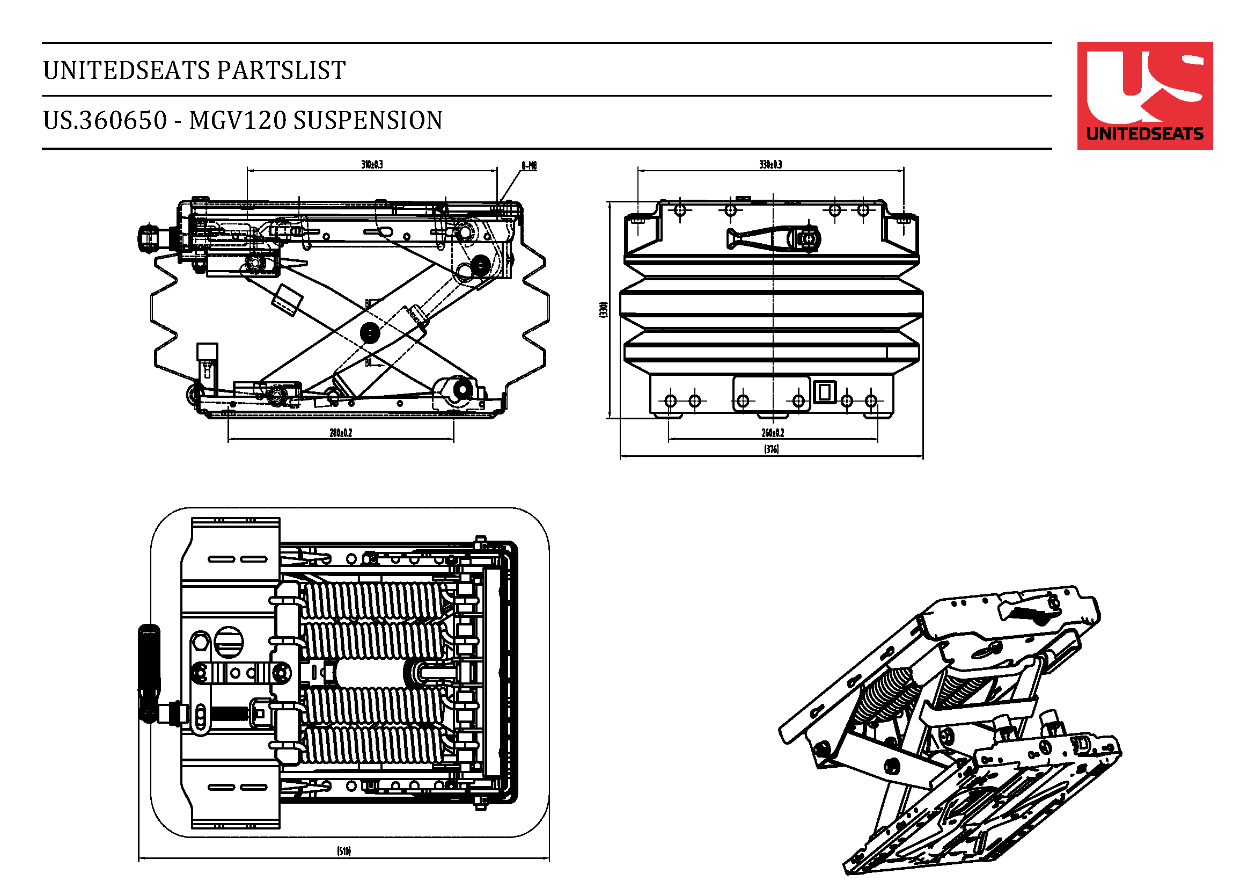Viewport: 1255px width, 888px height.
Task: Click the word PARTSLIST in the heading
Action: pos(282,70)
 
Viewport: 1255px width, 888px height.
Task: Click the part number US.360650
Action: pos(105,120)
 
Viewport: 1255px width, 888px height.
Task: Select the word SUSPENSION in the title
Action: pos(368,120)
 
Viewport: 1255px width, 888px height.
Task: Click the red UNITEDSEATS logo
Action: pos(1144,95)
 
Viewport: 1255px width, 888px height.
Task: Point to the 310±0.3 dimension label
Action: pos(372,164)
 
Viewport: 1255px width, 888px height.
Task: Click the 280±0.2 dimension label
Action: pos(341,433)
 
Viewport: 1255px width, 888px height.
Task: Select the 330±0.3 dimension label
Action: pos(770,164)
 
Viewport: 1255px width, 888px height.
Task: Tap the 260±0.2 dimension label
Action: pos(772,433)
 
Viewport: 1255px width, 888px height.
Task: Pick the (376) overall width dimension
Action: pos(771,449)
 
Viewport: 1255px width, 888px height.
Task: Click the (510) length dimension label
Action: pos(343,851)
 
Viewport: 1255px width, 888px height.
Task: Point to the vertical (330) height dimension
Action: pos(603,309)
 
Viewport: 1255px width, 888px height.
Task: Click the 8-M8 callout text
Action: pos(529,165)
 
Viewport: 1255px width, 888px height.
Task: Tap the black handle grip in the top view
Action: pos(149,673)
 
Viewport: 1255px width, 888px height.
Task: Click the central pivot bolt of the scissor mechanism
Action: pos(370,332)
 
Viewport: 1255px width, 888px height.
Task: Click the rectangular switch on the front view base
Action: pos(824,391)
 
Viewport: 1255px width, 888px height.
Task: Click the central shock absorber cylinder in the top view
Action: pos(372,673)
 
